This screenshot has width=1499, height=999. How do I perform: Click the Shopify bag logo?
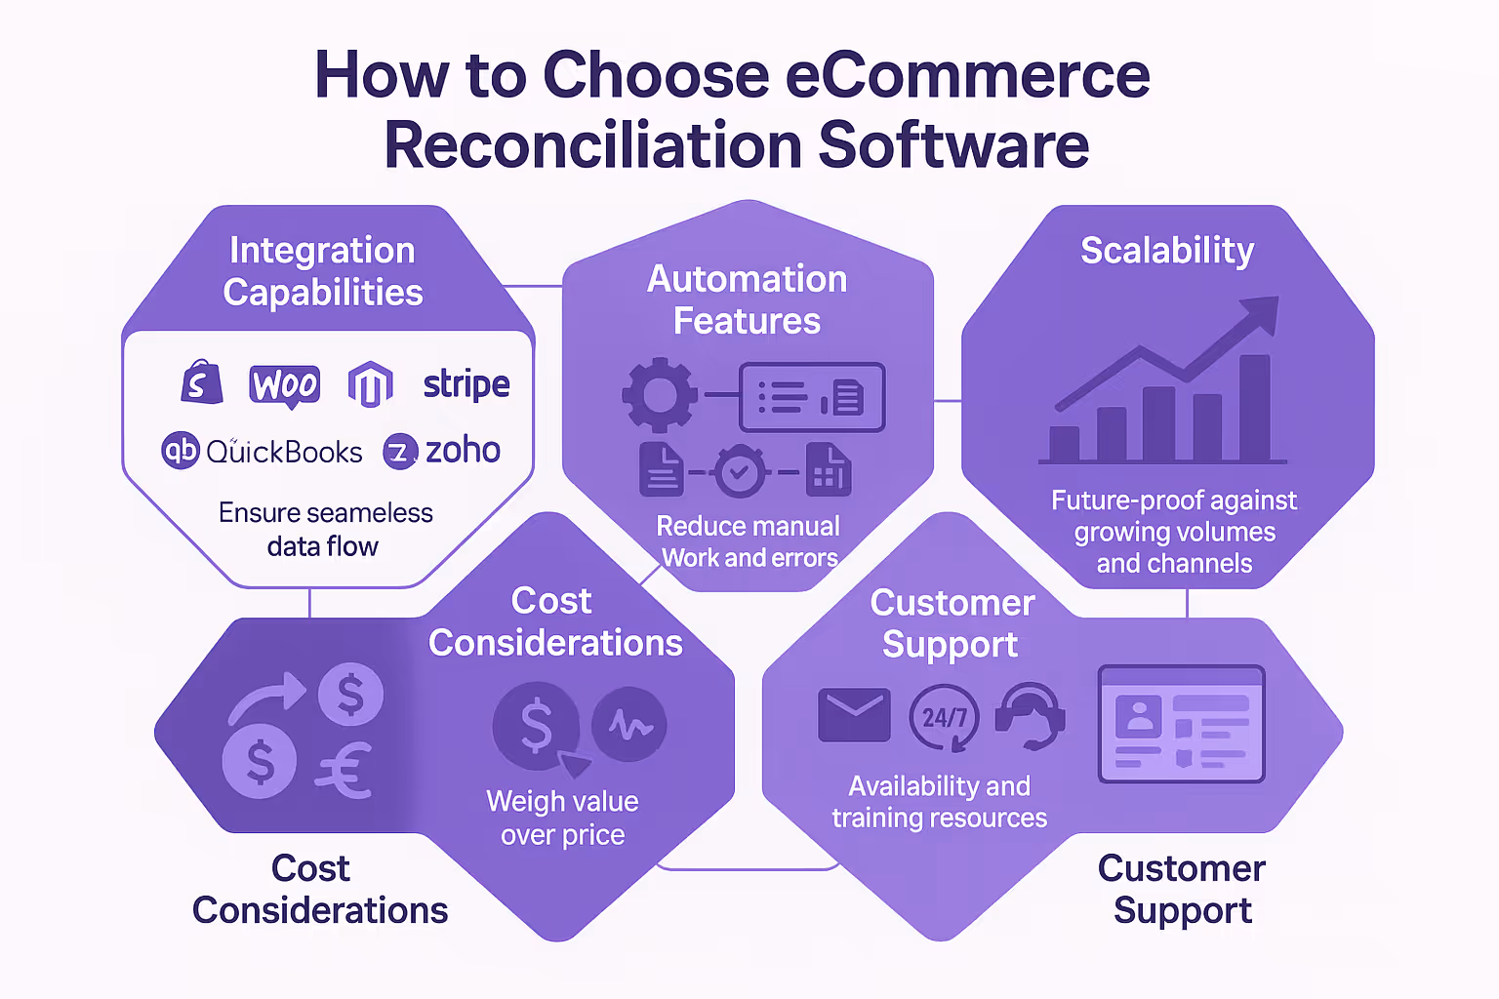[x=201, y=382]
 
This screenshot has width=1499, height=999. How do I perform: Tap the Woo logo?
[x=284, y=384]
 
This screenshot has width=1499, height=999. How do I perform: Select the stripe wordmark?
[x=466, y=384]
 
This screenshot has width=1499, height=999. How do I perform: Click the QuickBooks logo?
[x=262, y=451]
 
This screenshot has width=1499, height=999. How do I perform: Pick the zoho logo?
[x=442, y=451]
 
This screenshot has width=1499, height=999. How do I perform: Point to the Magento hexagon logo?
[x=371, y=384]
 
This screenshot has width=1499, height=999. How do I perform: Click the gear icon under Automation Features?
[x=660, y=395]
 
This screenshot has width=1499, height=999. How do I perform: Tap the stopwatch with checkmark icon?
[x=740, y=473]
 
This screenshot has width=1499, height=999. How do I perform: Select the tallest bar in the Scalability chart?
[x=1254, y=408]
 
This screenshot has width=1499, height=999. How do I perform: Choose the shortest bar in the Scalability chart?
[x=1064, y=443]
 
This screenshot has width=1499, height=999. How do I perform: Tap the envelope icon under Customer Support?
[x=854, y=715]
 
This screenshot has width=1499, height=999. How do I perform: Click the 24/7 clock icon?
[x=944, y=718]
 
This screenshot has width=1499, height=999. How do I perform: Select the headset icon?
[x=1030, y=717]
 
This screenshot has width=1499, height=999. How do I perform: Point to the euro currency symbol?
[x=344, y=771]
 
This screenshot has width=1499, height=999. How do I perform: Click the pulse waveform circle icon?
[x=629, y=725]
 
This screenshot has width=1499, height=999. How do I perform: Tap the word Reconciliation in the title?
[x=592, y=145]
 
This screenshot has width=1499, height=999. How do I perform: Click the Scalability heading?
[x=1167, y=251]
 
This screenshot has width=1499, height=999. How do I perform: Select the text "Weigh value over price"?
[x=562, y=818]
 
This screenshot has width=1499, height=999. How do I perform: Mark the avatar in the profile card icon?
[x=1138, y=715]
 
